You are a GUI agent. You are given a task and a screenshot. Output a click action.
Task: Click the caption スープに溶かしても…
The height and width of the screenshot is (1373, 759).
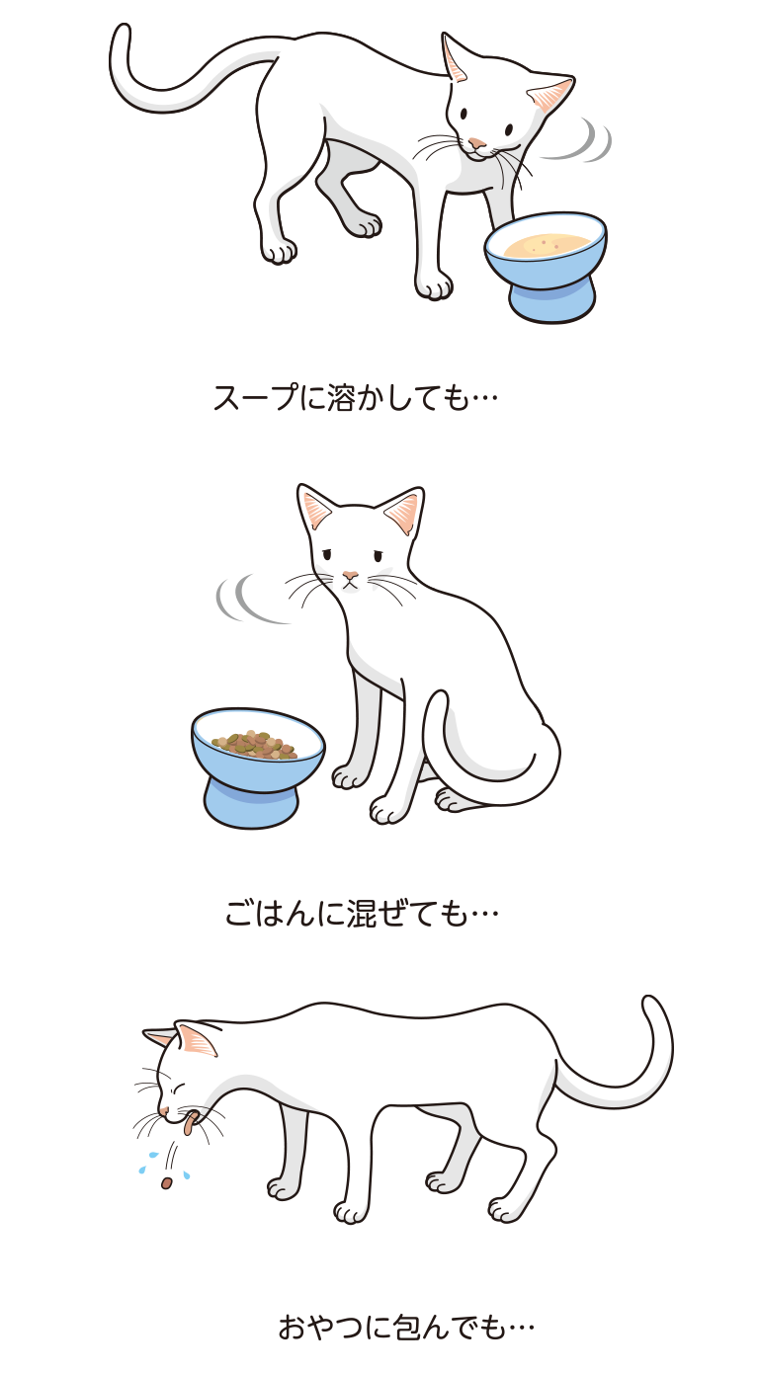[355, 398]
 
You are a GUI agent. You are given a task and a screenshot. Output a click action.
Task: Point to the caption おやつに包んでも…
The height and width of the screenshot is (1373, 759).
[406, 1326]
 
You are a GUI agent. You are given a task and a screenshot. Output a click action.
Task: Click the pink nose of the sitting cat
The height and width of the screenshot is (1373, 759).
[349, 575]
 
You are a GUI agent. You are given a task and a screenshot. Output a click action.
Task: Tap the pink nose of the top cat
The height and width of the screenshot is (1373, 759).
[477, 143]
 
